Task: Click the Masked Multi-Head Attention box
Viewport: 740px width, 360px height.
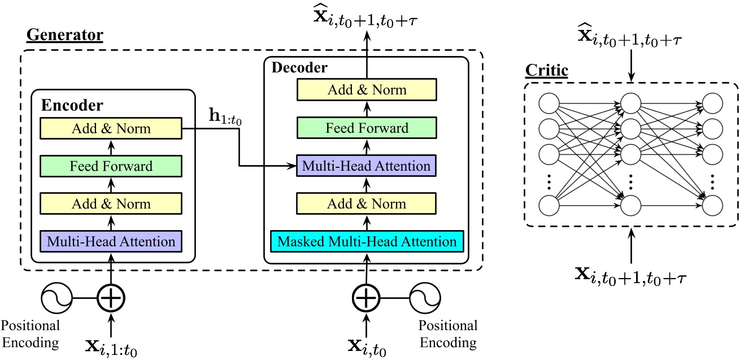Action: click(367, 242)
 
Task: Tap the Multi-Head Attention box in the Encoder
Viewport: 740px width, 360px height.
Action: click(111, 242)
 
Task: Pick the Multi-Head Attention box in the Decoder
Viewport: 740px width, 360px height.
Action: click(367, 166)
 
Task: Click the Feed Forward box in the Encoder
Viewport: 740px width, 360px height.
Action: click(111, 166)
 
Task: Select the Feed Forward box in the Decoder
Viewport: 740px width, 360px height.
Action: click(367, 128)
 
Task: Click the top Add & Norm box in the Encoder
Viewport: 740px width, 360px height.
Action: click(111, 128)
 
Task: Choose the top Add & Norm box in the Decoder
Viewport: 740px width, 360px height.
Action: click(367, 90)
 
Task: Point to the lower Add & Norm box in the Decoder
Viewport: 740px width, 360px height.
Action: click(367, 204)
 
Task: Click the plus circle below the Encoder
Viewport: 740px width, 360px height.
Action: click(111, 297)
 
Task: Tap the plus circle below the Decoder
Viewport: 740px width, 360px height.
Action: click(367, 297)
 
